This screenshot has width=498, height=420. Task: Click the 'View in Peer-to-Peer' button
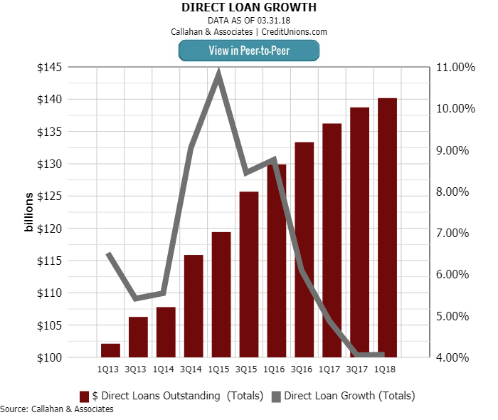point(248,50)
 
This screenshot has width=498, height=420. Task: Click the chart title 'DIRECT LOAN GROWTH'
point(249,8)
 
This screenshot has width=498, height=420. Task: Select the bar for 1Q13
point(110,350)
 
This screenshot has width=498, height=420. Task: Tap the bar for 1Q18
point(387,228)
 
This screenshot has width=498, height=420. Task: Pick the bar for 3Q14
point(194,306)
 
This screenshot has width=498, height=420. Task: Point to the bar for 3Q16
point(304,249)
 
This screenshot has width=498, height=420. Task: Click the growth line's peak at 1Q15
point(219,73)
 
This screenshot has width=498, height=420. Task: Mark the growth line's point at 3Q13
point(137,298)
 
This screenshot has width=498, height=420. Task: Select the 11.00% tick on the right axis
point(454,68)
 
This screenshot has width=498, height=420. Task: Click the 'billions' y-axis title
point(29,213)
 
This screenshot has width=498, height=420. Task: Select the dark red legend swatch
point(84,396)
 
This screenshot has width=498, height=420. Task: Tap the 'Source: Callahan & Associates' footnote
point(57,409)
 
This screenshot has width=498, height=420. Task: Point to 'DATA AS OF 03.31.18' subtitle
point(249,21)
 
